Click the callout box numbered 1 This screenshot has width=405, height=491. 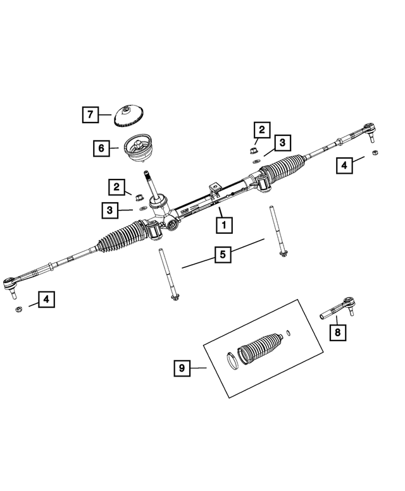coord(223,224)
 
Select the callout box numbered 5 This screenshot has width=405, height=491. coord(223,255)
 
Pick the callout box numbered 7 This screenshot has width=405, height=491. coord(90,115)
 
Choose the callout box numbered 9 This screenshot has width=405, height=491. coord(182,367)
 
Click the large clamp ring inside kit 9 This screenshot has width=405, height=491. coord(232,361)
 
